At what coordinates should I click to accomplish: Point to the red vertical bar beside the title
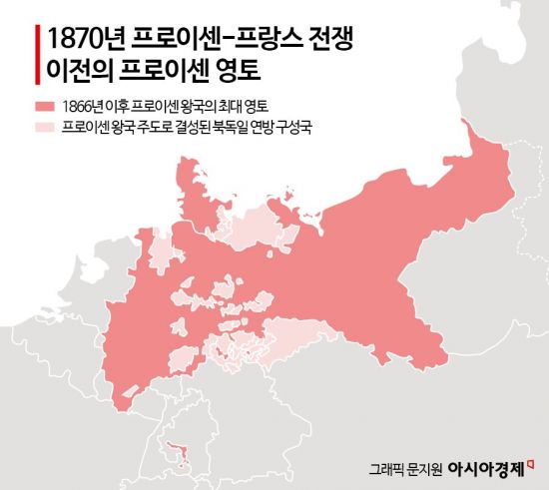(x=36, y=57)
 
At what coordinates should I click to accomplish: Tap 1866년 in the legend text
(x=82, y=106)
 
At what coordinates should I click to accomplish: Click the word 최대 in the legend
(x=239, y=106)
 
